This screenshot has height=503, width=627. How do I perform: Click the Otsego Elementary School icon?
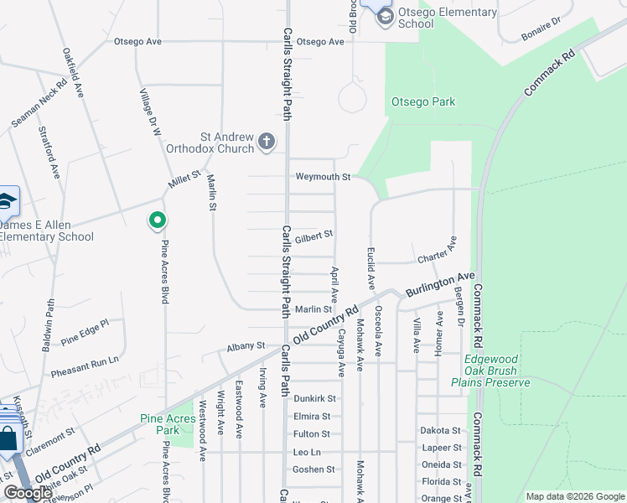pos(385,16)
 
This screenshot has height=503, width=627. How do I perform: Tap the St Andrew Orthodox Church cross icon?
pos(267,141)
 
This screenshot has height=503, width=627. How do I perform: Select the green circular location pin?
pos(157,220)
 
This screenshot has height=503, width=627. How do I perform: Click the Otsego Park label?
pos(423,102)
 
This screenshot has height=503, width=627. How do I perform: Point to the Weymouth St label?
pos(322,177)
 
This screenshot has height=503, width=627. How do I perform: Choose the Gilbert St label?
pos(313,236)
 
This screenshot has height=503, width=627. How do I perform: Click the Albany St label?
pos(246,345)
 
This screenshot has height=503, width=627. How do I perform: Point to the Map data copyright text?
pos(574,496)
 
